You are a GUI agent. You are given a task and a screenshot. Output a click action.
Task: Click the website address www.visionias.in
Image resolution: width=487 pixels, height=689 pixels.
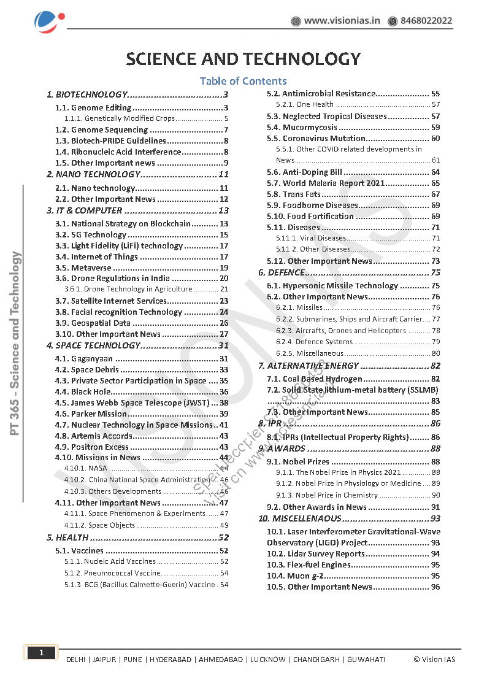point(342,21)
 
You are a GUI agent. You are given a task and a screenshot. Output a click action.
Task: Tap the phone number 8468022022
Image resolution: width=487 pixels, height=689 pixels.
point(426,21)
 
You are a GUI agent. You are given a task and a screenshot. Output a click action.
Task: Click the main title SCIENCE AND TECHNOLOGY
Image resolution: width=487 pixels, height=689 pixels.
point(243,59)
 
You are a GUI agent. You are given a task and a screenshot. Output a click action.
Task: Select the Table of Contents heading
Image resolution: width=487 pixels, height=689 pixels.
point(243,81)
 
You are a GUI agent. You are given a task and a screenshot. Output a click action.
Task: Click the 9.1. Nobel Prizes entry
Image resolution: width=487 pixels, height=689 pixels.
point(298,461)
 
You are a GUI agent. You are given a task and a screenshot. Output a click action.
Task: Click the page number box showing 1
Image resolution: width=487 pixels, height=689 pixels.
point(41,653)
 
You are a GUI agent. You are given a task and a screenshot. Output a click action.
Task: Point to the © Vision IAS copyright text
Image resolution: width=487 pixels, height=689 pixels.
point(434,660)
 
